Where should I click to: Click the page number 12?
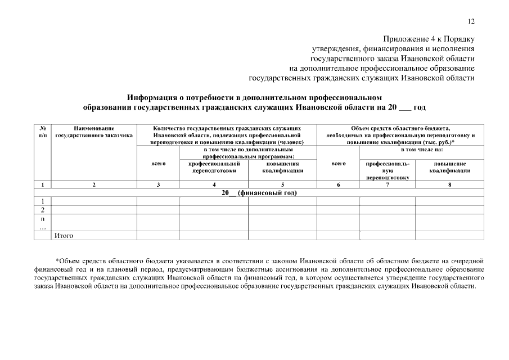click(471, 21)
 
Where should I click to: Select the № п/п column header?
click(42, 132)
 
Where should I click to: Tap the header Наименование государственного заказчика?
click(94, 132)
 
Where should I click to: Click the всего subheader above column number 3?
click(158, 164)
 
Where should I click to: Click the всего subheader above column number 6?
click(338, 164)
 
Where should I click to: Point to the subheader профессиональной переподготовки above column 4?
click(214, 167)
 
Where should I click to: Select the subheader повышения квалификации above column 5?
click(282, 167)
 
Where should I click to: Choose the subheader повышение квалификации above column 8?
click(449, 167)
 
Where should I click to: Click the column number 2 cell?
click(94, 184)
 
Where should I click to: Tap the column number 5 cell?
click(282, 184)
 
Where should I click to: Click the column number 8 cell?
click(449, 184)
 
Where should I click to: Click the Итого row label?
click(63, 236)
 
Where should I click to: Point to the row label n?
click(42, 219)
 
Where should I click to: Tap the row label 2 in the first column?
click(42, 210)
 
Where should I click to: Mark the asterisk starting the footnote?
click(57, 260)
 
